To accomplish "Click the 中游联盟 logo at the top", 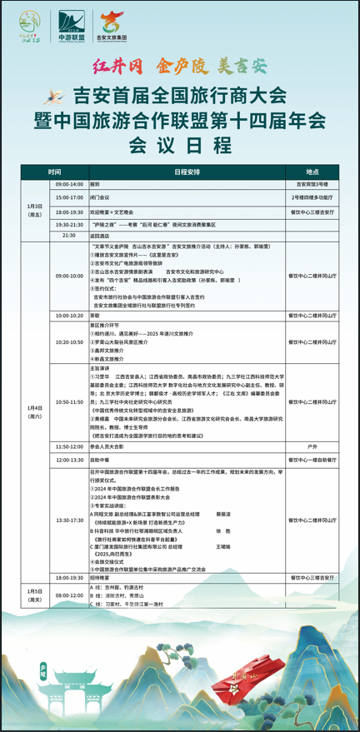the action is pos(73,27).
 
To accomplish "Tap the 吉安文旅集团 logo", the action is pos(117,27).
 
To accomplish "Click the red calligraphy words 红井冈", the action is pos(111,66).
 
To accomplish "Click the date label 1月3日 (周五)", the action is pos(36,210).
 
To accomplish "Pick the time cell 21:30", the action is pos(69,236).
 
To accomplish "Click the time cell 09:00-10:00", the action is pos(69,274).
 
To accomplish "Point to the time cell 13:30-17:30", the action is pos(69,520).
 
